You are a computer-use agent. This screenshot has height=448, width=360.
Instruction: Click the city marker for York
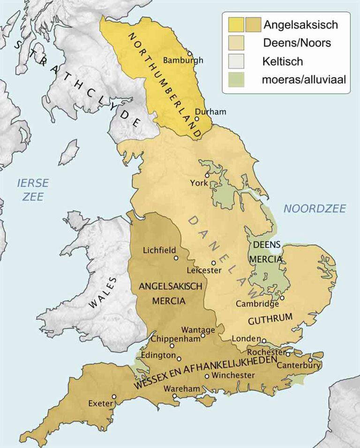click(x=207, y=174)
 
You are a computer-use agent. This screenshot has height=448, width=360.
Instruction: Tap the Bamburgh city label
click(x=183, y=60)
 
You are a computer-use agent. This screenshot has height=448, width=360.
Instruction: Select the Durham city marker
click(x=197, y=119)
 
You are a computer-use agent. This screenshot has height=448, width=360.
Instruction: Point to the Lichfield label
click(x=159, y=250)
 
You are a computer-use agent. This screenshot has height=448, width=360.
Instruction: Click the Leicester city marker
click(x=213, y=263)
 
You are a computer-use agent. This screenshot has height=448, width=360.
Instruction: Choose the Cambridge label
click(x=257, y=304)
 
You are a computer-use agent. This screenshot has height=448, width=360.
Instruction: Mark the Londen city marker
click(x=264, y=341)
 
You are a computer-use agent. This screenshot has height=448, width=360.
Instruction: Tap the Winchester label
click(x=233, y=375)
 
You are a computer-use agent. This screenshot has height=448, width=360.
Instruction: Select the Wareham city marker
click(x=174, y=396)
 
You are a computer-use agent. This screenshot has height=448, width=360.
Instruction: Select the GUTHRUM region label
click(x=270, y=320)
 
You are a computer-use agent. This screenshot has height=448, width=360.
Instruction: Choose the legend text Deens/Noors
click(x=297, y=43)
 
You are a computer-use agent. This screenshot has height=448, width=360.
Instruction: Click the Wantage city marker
click(x=203, y=336)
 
